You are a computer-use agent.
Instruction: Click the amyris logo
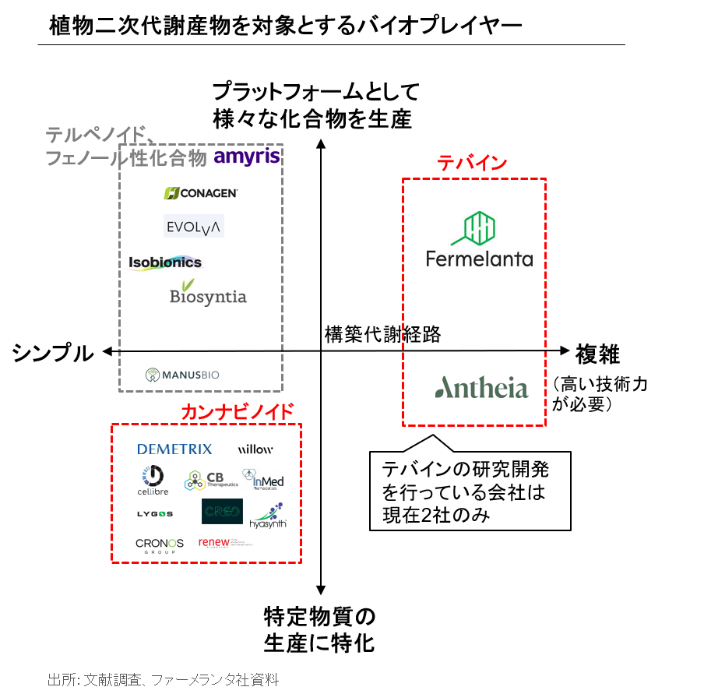246,157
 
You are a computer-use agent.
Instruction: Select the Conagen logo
201,193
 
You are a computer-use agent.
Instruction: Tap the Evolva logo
194,227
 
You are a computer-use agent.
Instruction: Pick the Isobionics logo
165,262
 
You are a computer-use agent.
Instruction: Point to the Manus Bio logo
182,375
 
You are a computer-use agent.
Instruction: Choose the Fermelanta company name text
479,258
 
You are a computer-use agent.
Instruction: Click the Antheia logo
481,387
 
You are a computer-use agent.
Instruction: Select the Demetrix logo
174,449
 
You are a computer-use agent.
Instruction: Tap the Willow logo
255,449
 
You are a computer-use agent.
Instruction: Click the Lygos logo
155,513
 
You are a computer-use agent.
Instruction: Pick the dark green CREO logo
222,512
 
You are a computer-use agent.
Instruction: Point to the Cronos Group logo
160,544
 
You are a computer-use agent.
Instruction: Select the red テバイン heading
472,163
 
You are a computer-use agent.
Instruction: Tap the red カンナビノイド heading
238,411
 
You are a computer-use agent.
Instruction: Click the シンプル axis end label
52,353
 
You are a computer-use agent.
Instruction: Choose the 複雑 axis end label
597,354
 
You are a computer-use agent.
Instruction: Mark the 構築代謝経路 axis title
382,334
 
